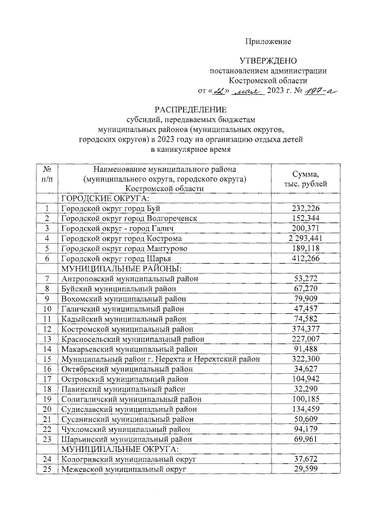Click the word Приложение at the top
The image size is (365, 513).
(269, 42)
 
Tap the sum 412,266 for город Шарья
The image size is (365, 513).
(305, 258)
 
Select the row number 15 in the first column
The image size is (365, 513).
(47, 358)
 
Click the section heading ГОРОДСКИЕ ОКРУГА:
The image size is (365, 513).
(104, 199)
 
